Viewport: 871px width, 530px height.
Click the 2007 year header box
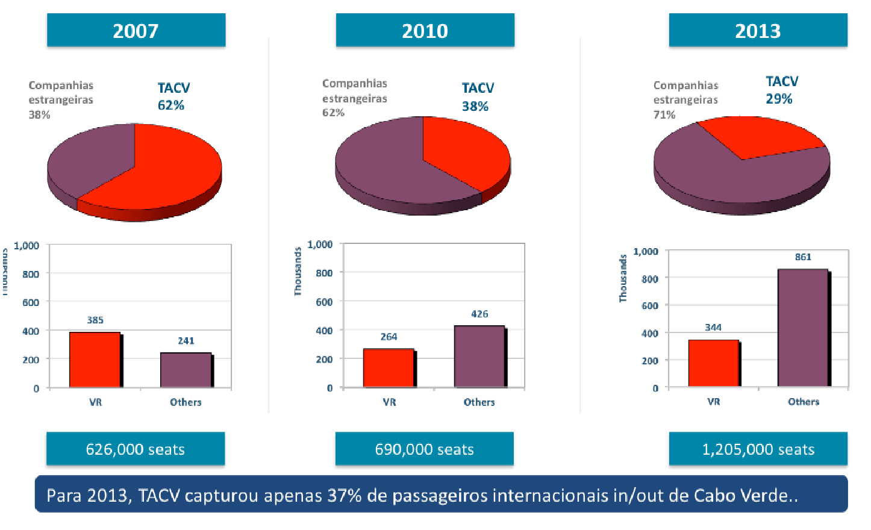tap(136, 30)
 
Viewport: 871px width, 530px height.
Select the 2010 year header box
tap(425, 30)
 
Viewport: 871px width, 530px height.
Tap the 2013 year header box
tap(758, 30)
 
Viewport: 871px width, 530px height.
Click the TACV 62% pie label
tap(173, 96)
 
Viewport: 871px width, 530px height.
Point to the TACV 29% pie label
tap(781, 90)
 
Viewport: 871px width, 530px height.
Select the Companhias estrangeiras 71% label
tap(685, 99)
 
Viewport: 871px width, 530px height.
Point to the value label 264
tap(389, 337)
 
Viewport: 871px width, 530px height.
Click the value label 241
tap(186, 341)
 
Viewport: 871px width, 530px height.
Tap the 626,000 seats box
tap(136, 449)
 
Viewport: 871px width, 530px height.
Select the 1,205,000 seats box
tap(758, 449)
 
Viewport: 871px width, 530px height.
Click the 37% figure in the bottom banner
tap(345, 495)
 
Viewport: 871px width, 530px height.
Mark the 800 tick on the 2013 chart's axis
tap(649, 279)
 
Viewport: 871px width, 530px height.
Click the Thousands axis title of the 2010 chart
tap(298, 271)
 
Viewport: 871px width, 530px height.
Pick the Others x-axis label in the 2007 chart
tap(186, 402)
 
